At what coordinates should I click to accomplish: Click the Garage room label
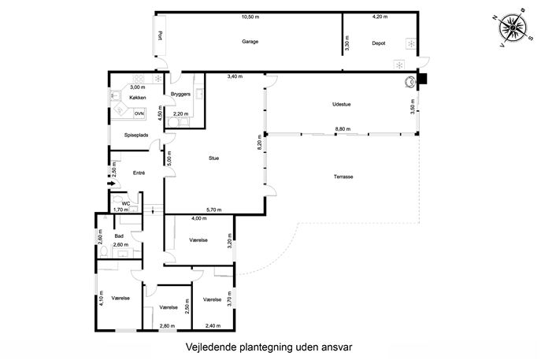250,42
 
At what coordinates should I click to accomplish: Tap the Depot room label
379,43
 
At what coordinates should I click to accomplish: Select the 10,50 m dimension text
250,17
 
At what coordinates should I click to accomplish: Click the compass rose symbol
513,28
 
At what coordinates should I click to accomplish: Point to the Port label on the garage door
160,35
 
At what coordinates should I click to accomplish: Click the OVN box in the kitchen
139,113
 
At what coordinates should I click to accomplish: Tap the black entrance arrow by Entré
111,184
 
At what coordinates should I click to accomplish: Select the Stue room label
213,158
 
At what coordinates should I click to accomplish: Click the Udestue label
342,104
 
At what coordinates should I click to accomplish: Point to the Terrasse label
343,176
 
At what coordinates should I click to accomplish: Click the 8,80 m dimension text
343,129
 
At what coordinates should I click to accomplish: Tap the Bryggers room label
180,94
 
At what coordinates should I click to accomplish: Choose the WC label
126,204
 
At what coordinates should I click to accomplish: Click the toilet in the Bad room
103,253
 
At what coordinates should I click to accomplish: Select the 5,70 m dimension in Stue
214,210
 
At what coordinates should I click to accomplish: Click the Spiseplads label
136,135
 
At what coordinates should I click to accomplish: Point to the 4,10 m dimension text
102,299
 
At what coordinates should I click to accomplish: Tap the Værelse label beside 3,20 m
198,240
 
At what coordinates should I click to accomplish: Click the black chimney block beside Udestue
422,79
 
